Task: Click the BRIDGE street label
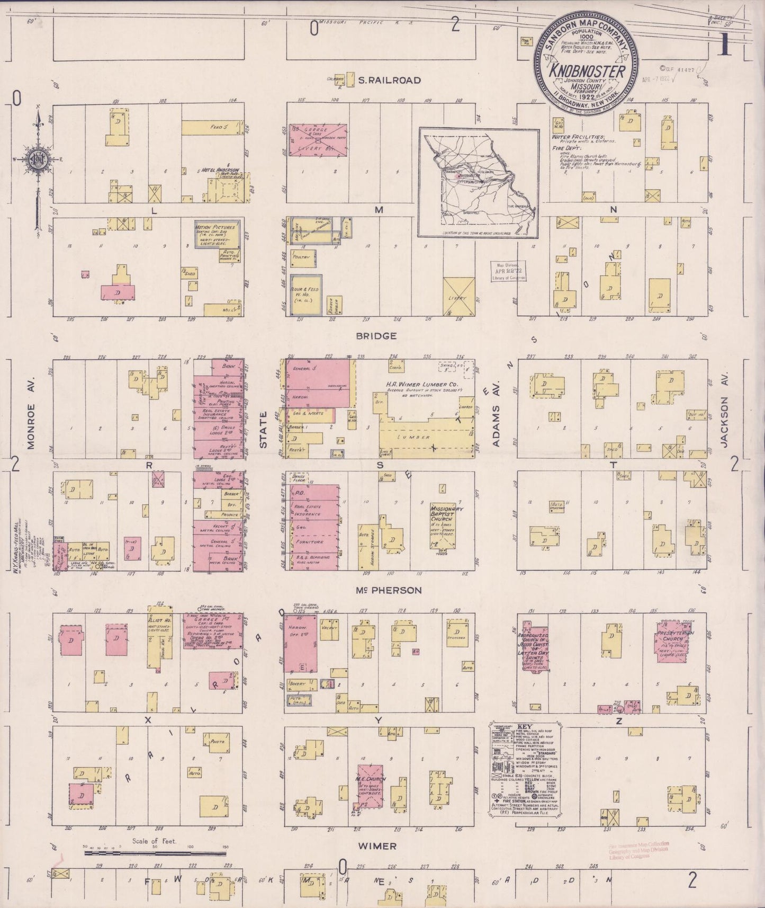[376, 336]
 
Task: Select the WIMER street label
[376, 846]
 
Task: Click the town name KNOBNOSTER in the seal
[587, 70]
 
